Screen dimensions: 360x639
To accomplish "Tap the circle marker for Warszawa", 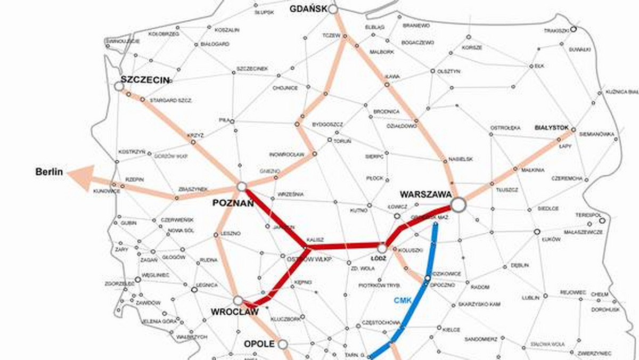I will click(457, 204).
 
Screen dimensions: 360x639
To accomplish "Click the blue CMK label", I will click(403, 300).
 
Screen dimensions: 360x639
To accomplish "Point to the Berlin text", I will click(49, 172).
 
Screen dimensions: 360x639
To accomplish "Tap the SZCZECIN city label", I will click(145, 80).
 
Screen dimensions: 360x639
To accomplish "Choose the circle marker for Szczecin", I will click(119, 86).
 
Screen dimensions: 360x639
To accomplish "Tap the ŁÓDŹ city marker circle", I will click(382, 248).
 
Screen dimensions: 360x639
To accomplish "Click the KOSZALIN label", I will click(227, 30).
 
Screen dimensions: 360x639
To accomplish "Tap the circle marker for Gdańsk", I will click(333, 9).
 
